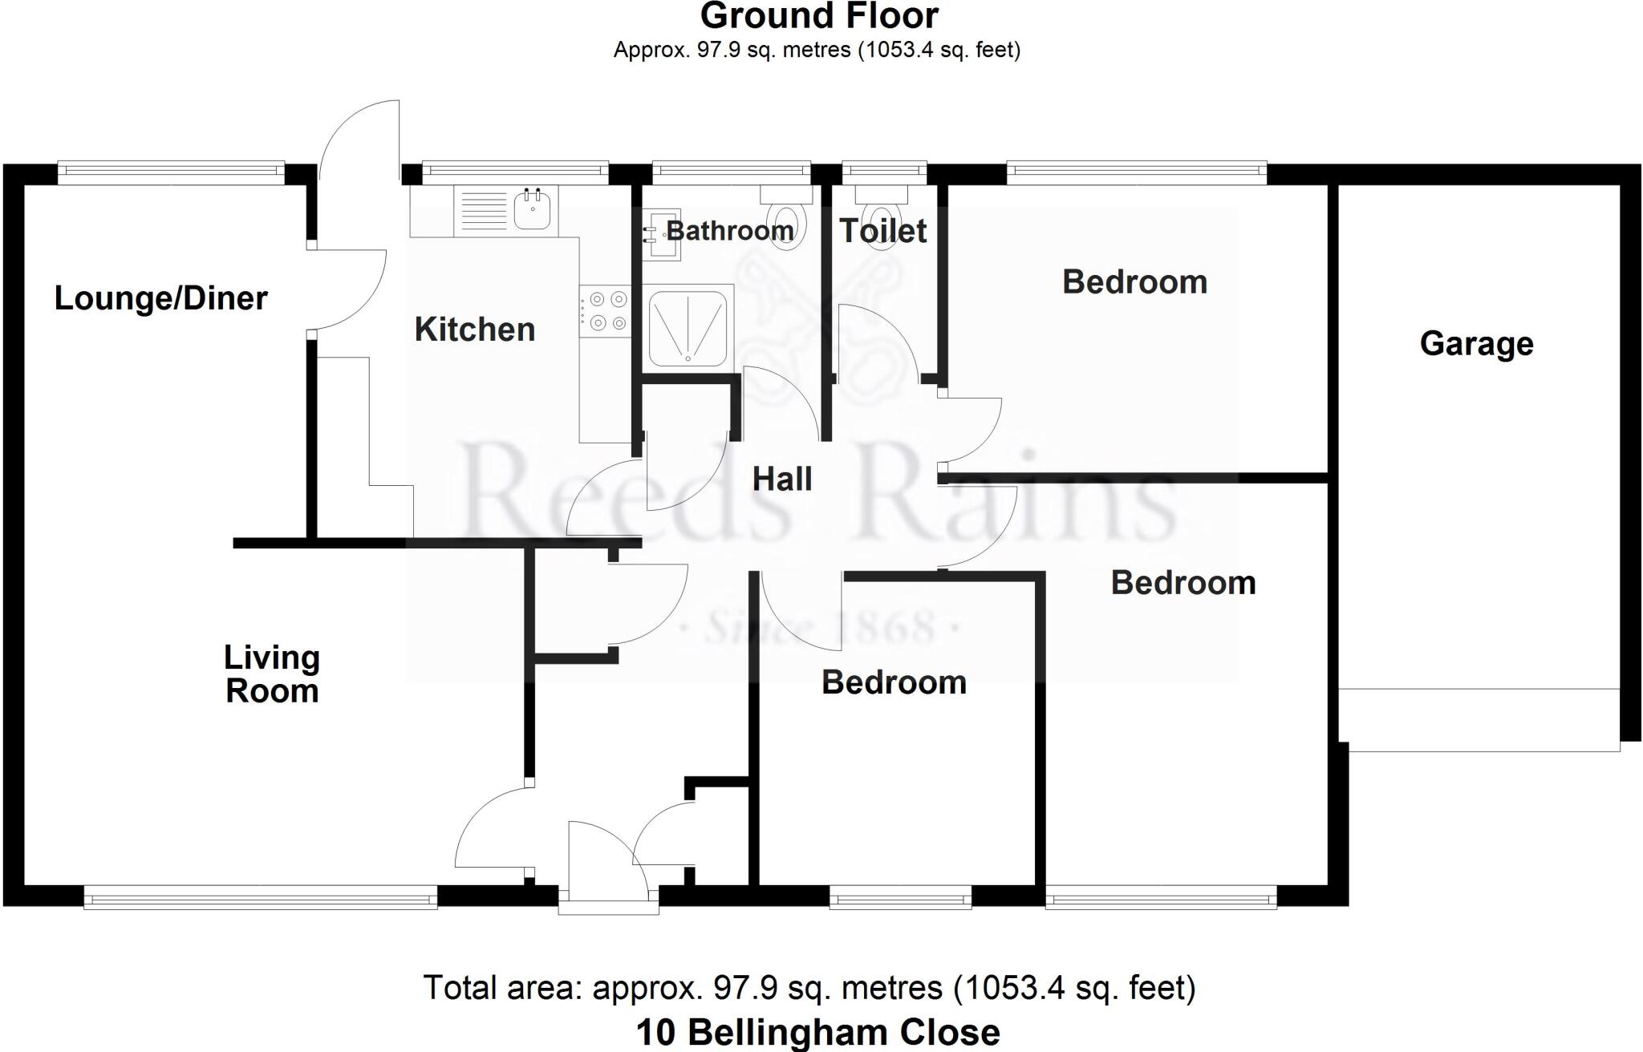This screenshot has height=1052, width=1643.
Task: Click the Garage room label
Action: [1476, 344]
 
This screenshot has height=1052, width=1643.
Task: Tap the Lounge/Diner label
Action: [160, 298]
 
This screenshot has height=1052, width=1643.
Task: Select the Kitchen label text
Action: [474, 330]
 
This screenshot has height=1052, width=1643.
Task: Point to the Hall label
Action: [782, 479]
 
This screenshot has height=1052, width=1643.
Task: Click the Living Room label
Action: [272, 674]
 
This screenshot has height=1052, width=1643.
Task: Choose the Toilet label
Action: [883, 231]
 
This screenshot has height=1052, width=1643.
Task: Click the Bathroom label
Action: [730, 231]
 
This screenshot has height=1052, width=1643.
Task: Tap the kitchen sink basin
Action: [532, 211]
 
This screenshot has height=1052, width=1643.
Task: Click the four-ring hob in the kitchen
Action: [607, 311]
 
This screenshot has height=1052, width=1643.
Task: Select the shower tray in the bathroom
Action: [688, 328]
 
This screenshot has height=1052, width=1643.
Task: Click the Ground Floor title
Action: [819, 16]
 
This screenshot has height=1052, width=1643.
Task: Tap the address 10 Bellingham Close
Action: [817, 1033]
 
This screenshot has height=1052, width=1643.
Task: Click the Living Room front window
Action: [260, 897]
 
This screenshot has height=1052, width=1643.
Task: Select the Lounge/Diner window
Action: [171, 171]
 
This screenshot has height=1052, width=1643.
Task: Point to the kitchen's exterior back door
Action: [359, 140]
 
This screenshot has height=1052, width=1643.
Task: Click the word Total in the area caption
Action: [459, 988]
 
